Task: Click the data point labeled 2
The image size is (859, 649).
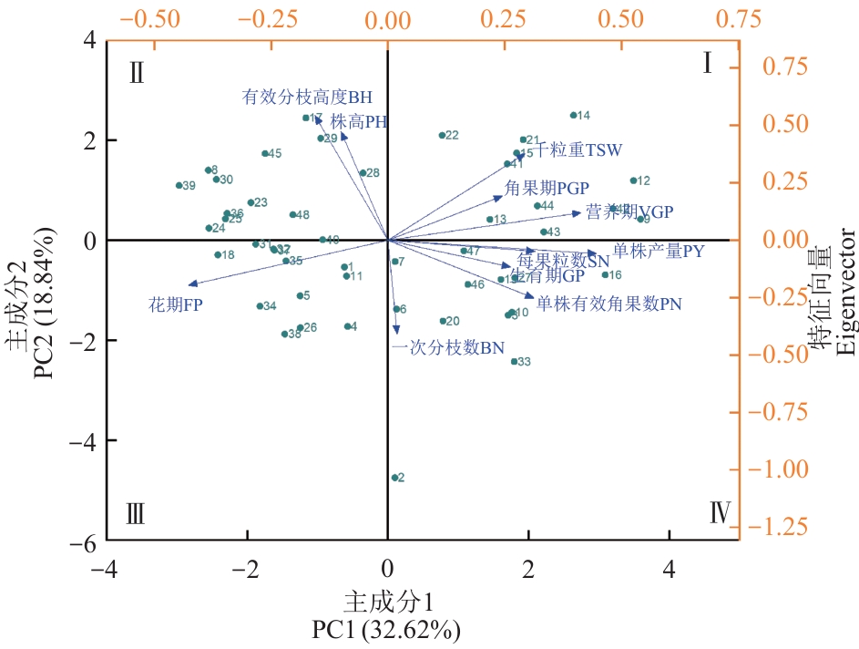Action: tap(394, 478)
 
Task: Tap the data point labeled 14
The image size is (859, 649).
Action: tap(573, 115)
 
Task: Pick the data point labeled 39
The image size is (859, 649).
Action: tap(179, 185)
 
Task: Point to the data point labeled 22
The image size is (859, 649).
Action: tap(442, 135)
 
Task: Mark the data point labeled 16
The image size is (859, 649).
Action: tap(605, 275)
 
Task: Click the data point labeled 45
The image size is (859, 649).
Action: tap(265, 153)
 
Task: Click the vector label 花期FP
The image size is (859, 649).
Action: tap(175, 305)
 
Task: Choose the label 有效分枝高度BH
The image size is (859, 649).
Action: tap(307, 97)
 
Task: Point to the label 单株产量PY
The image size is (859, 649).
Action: tap(658, 251)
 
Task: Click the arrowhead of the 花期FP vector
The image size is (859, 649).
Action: tap(191, 284)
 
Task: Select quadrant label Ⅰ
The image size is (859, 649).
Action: tap(707, 63)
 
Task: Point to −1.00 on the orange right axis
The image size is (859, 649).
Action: tap(785, 469)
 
